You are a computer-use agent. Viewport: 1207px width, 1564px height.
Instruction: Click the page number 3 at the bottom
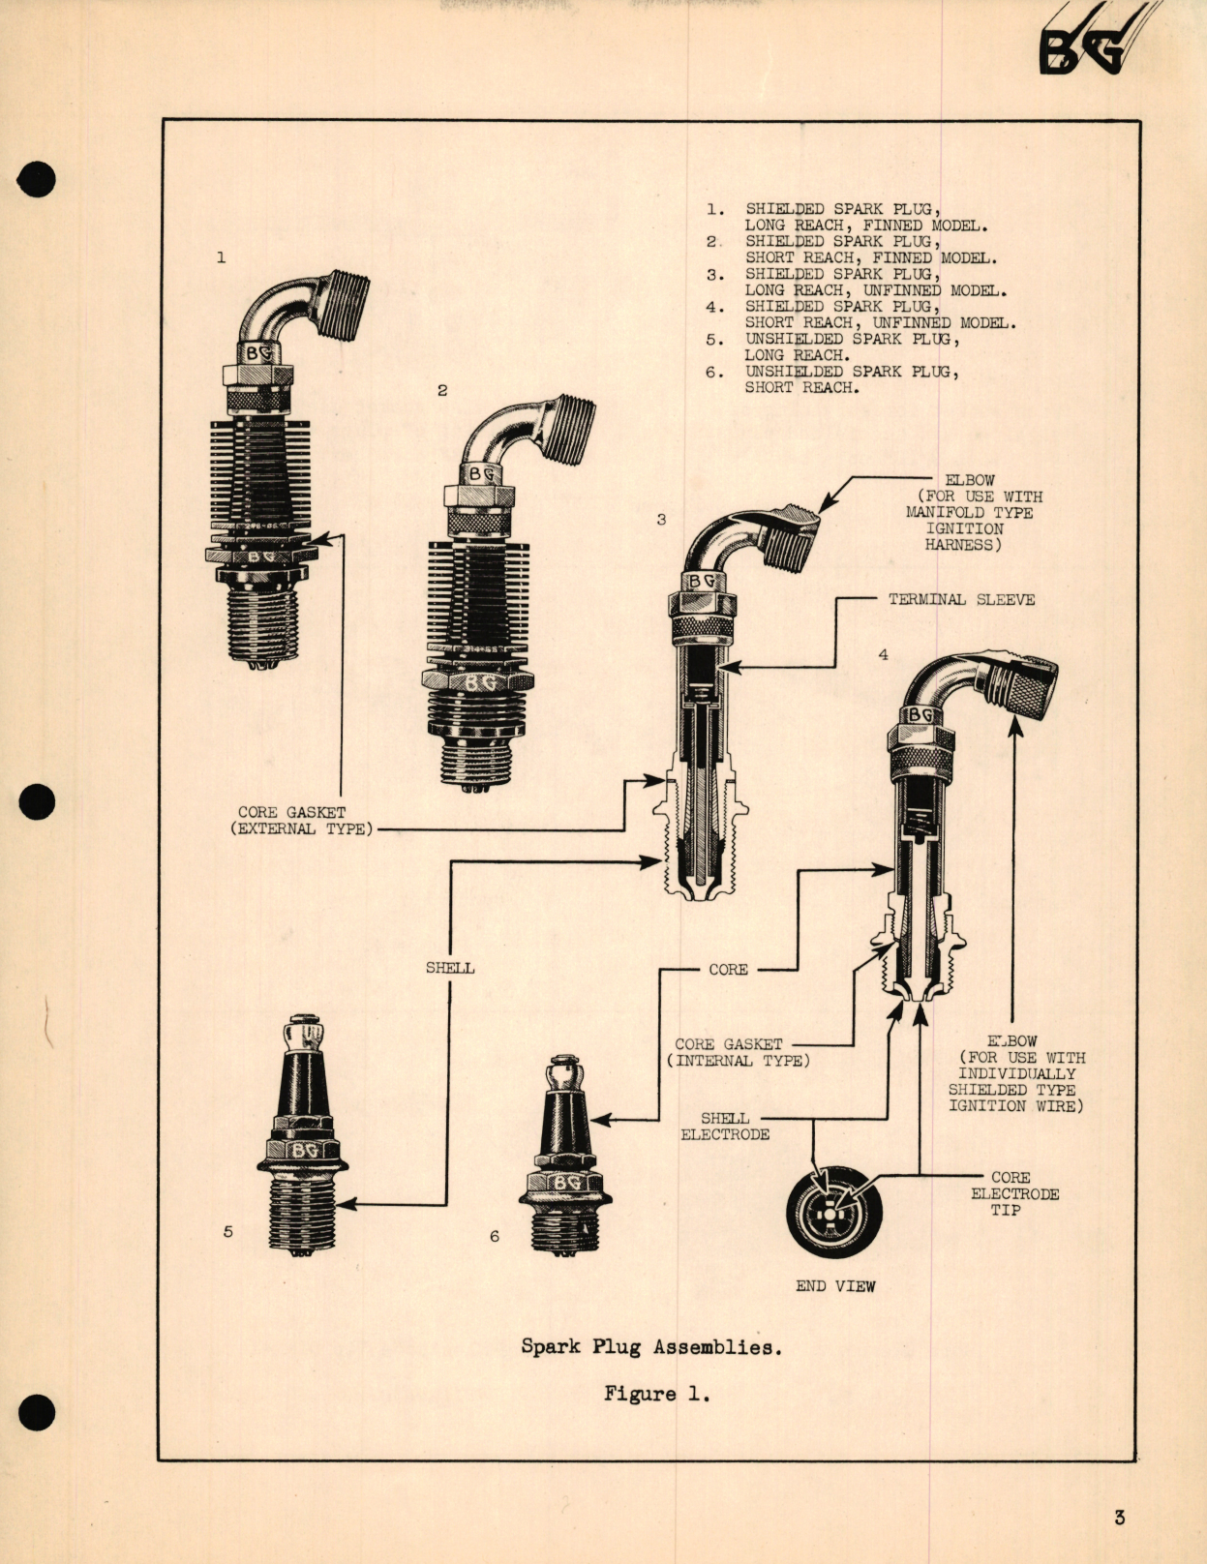(1119, 1517)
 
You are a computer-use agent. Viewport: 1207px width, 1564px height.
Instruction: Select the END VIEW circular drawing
(834, 1211)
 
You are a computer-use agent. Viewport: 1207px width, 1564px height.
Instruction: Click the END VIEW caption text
(835, 1286)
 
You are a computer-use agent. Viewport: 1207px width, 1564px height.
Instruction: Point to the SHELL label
(450, 968)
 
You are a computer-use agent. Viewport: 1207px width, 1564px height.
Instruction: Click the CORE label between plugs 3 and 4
(728, 970)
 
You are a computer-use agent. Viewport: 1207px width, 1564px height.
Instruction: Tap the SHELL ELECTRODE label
(725, 1127)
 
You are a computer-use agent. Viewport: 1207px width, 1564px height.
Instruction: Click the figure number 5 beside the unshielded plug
(228, 1232)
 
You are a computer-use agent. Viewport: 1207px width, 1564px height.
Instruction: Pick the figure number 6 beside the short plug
(495, 1236)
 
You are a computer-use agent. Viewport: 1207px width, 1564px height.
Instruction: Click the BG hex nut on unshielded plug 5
(304, 1150)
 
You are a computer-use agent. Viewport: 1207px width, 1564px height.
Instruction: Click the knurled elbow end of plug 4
(1029, 684)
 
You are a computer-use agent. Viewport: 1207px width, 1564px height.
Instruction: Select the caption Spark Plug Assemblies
(650, 1346)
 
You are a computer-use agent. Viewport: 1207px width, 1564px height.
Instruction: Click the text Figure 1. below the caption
(656, 1394)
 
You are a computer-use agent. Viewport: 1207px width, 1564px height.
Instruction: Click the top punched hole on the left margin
(37, 180)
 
